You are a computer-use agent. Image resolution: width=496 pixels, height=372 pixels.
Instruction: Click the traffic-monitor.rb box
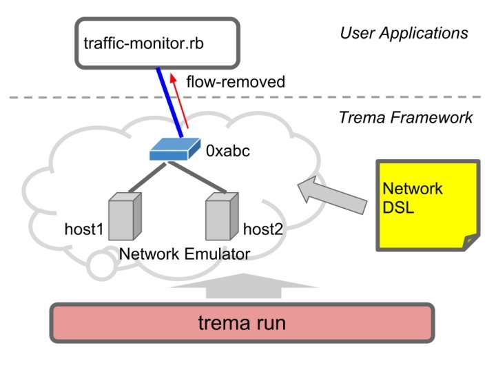tap(156, 43)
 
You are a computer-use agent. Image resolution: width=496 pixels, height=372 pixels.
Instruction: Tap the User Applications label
tap(404, 32)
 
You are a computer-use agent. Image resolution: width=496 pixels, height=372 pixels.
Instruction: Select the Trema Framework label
tap(406, 117)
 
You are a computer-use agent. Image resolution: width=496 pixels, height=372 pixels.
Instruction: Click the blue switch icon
tap(172, 149)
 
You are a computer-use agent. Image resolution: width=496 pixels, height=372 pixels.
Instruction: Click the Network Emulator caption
tap(184, 254)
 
